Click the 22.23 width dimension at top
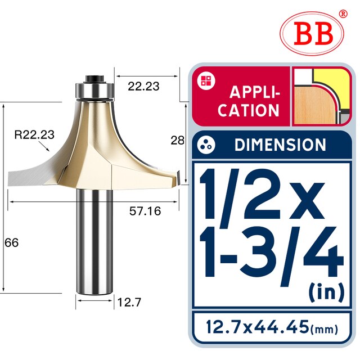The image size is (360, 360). (143, 86)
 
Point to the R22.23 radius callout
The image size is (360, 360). (34, 134)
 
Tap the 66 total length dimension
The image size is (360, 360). (11, 243)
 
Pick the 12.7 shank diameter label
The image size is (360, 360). (129, 302)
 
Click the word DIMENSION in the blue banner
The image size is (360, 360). (280, 145)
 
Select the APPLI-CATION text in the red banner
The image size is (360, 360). (249, 101)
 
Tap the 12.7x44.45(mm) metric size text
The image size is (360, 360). (271, 326)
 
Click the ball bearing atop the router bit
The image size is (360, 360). (94, 88)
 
